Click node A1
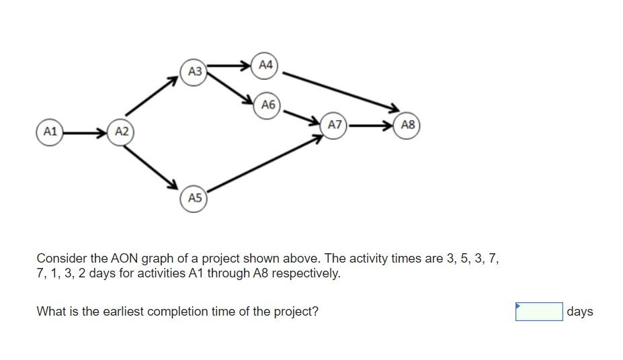pos(49,130)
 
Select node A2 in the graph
pos(121,130)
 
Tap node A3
pos(195,71)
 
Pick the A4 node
pos(265,64)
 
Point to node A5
pos(195,198)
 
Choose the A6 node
pos(268,104)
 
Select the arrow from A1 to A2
pos(85,131)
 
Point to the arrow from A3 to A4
pos(229,66)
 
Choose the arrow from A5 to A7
pos(266,165)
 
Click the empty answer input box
pos(539,312)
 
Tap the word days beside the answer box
pos(580,312)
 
